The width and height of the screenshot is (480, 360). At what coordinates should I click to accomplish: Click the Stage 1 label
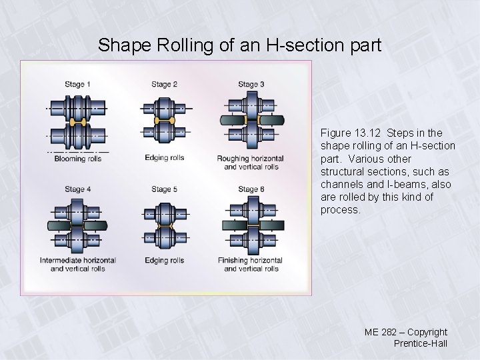(x=78, y=85)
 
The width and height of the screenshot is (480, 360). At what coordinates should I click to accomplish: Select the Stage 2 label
(x=164, y=85)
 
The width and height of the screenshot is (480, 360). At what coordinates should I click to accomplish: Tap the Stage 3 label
(x=251, y=85)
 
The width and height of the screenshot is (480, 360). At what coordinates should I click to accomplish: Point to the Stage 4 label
(x=78, y=189)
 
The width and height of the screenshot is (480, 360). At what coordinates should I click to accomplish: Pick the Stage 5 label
(x=164, y=189)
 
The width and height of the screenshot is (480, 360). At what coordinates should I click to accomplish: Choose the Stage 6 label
(x=251, y=189)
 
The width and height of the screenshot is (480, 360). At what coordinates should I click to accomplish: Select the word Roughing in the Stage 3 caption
(x=233, y=159)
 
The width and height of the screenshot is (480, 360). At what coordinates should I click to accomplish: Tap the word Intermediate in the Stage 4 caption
(x=60, y=260)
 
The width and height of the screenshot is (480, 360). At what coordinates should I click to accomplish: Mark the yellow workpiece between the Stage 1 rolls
(x=79, y=122)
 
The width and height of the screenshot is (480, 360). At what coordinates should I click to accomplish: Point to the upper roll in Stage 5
(x=164, y=213)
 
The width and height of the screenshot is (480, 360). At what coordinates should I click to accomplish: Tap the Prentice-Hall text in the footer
(x=420, y=343)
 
